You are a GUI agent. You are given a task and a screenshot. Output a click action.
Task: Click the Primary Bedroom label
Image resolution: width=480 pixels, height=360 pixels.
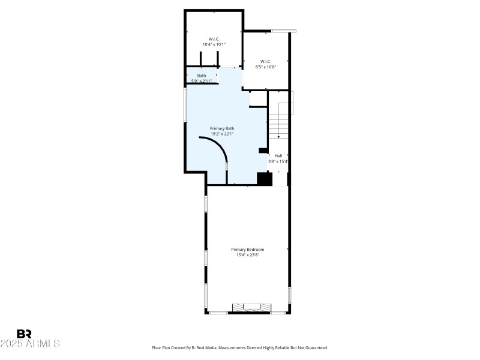tap(248, 250)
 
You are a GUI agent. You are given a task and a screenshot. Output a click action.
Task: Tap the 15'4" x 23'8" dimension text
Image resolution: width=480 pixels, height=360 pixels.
tap(248, 256)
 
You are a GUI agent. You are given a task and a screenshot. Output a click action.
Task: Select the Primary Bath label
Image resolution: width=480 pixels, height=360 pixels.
tap(222, 128)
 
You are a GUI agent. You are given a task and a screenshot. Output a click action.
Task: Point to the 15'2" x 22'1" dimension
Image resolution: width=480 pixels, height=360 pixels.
tap(222, 134)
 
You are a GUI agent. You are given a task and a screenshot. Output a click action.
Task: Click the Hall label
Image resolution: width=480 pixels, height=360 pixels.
tap(278, 155)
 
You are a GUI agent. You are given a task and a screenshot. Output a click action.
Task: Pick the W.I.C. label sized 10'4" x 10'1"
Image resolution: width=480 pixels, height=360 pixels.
tap(214, 39)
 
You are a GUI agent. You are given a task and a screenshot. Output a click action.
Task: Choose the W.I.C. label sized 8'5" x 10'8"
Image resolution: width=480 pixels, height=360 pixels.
tap(266, 61)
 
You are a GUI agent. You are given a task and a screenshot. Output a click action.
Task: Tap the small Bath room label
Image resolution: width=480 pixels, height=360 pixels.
tap(201, 76)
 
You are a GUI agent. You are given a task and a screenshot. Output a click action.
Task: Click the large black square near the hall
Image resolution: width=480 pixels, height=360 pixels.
tap(265, 179)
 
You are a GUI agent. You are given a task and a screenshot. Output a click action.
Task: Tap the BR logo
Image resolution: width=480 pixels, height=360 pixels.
tap(25, 334)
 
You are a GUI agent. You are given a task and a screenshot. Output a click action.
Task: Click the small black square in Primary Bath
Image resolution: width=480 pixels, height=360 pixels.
tap(262, 151)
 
